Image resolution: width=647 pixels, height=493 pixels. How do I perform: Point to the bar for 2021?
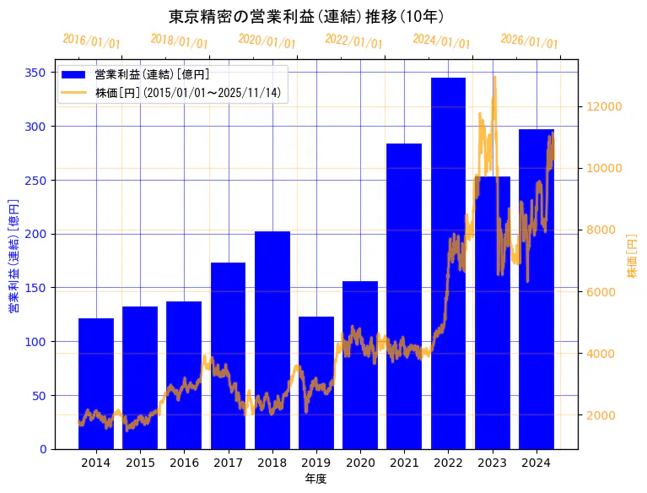coord(404,295)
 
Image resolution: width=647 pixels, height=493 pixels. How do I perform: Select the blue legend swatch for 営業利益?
coord(74,75)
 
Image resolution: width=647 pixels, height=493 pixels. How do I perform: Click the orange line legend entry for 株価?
coord(74,92)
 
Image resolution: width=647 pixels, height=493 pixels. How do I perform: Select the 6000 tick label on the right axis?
coord(602,292)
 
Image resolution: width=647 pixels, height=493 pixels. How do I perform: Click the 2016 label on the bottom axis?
coord(184,463)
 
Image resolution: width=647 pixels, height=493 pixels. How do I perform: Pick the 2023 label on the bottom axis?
coord(492,463)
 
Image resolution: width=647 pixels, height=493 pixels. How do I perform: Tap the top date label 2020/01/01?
coord(267,41)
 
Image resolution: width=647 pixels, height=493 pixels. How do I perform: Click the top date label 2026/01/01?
coord(529,41)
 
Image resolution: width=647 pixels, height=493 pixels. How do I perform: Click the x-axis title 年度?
coord(315,479)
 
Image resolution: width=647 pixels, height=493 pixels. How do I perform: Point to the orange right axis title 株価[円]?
coord(633,257)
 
